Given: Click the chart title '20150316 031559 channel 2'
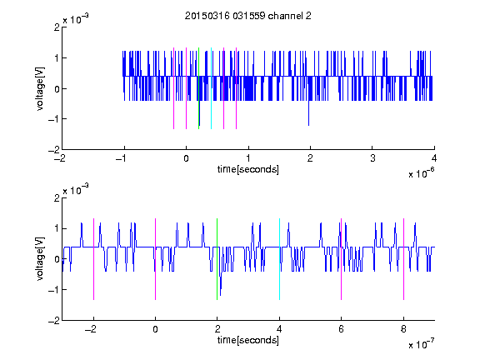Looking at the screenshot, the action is click(x=248, y=16).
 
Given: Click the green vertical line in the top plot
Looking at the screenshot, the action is click(x=198, y=88).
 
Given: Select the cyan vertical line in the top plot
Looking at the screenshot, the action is click(x=211, y=88).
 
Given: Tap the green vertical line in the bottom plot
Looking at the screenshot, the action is click(x=217, y=259).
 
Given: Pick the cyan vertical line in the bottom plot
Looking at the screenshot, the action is click(x=279, y=259).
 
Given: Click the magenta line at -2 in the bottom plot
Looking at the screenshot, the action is click(x=93, y=259).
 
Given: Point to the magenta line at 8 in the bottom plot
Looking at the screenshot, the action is click(x=404, y=259).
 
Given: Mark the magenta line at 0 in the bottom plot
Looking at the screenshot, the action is click(x=156, y=259).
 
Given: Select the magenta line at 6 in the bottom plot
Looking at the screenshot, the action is click(x=342, y=259).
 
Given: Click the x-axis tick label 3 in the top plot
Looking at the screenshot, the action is click(x=372, y=158).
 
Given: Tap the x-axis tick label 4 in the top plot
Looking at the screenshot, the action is click(x=434, y=158).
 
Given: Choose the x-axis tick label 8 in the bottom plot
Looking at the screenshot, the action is click(x=404, y=329).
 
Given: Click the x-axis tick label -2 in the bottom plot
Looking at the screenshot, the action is click(x=91, y=329).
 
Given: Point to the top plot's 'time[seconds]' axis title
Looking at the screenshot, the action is click(x=248, y=169).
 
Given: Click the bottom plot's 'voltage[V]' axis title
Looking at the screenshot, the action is click(x=40, y=258).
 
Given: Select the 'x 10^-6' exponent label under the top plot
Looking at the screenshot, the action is click(x=422, y=173).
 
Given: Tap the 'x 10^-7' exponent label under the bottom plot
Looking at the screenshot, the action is click(x=422, y=344).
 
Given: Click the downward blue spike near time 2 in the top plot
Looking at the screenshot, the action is click(x=308, y=112).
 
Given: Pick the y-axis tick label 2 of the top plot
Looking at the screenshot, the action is click(x=57, y=27).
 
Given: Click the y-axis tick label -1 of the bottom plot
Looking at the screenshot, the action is click(x=54, y=290).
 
